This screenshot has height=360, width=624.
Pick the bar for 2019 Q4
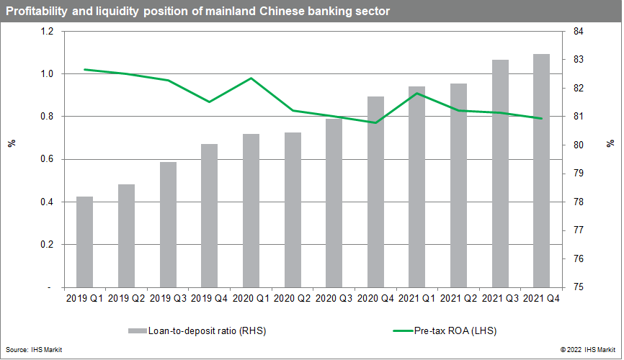click(210, 215)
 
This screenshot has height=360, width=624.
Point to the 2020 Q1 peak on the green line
click(251, 78)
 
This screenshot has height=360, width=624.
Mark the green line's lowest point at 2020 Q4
click(375, 123)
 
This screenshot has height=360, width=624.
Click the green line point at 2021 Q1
click(417, 93)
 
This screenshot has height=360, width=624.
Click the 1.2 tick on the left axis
click(47, 32)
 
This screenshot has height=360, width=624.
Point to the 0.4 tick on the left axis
click(47, 202)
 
